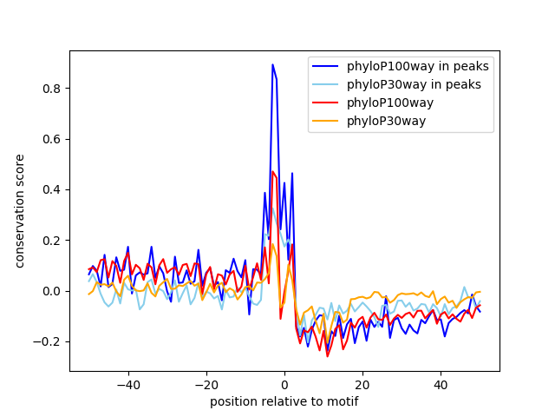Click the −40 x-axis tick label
coord(127,385)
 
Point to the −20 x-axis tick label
coord(206,385)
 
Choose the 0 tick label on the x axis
coord(284,385)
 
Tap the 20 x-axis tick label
coord(362,385)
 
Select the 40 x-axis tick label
coord(441,385)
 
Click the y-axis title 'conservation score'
coord(19,211)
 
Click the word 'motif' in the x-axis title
coord(343,401)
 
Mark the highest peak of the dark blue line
coord(272,64)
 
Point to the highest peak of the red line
coord(272,171)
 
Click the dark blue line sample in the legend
coord(327,66)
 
